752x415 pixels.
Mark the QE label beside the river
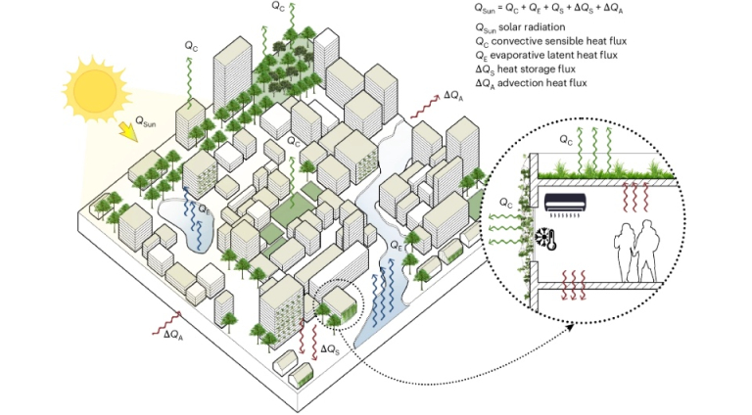click(x=398, y=247)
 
